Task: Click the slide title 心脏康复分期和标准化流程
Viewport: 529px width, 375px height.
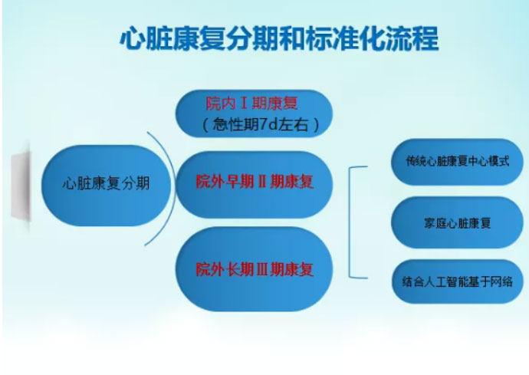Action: pos(279,38)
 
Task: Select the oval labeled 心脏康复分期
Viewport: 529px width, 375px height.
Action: pos(106,186)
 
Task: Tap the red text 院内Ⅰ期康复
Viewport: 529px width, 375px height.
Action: pos(252,104)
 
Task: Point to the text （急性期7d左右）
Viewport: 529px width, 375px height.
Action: pos(260,125)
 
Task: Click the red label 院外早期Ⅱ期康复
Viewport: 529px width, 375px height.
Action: pos(255,182)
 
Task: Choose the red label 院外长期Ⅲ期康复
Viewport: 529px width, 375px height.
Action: pos(255,269)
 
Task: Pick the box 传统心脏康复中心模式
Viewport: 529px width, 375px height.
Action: pos(457,162)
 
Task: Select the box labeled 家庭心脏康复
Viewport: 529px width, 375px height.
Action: pos(457,222)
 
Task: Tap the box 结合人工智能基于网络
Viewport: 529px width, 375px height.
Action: pos(457,281)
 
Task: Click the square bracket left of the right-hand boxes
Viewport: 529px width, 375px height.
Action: pos(350,222)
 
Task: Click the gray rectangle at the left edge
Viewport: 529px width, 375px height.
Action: pos(21,186)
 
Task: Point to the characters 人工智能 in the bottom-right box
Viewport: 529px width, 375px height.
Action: pos(441,282)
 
